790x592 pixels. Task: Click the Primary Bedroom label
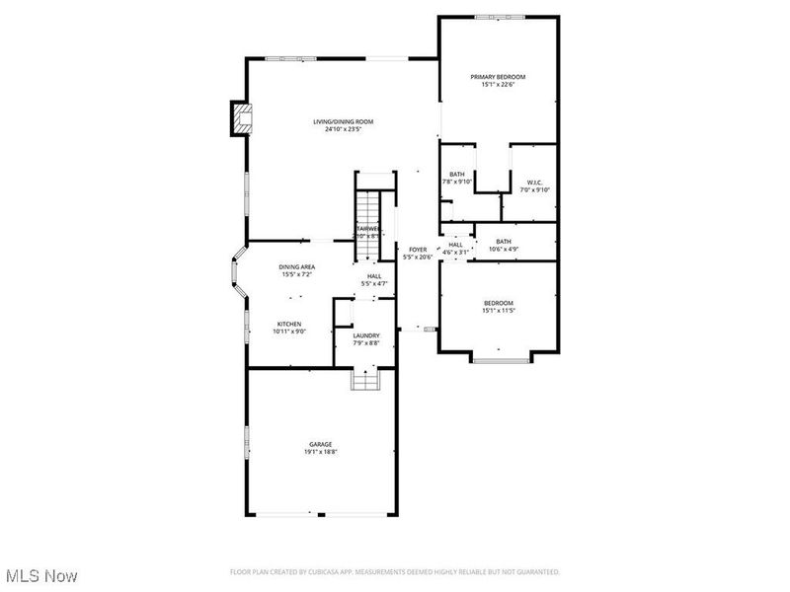point(498,77)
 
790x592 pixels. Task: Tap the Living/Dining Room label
point(343,121)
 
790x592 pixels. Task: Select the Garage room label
point(319,445)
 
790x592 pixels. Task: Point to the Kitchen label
point(288,324)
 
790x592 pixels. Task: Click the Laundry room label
point(366,335)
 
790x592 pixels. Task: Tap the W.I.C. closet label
point(534,182)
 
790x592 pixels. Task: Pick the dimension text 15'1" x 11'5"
point(498,311)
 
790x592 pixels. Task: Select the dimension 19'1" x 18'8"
point(319,453)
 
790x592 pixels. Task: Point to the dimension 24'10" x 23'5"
point(343,129)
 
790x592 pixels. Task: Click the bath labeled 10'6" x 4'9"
point(504,245)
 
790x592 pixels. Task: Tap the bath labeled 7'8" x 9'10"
point(456,178)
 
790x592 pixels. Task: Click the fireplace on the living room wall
point(238,118)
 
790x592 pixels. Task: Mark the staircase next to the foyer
point(367,209)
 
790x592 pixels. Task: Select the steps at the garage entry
point(364,379)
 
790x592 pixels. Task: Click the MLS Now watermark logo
point(41,574)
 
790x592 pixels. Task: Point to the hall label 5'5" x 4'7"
point(374,280)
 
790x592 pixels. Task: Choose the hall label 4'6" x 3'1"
point(455,249)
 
